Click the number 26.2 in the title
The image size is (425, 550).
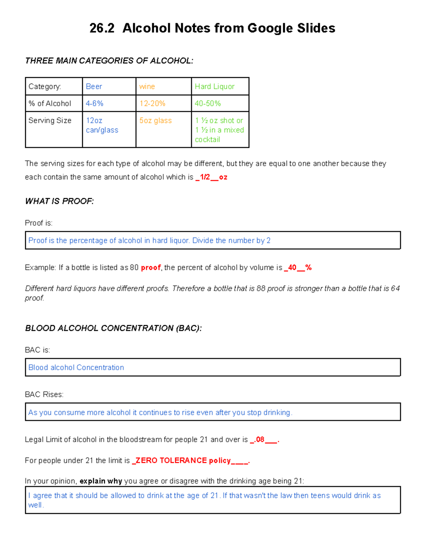tap(102, 28)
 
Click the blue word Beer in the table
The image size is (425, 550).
tap(94, 86)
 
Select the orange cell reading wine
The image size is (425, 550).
tap(147, 86)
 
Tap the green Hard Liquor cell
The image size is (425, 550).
tap(215, 86)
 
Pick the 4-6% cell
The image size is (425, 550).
tap(95, 103)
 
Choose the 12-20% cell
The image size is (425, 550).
tap(152, 103)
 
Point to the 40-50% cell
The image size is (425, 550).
tap(208, 103)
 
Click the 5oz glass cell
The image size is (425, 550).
tap(155, 120)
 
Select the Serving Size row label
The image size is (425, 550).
tap(50, 120)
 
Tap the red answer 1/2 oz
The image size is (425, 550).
tap(211, 177)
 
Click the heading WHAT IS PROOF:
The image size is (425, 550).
tap(59, 201)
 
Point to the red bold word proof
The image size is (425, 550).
tap(151, 267)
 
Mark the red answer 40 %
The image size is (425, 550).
tap(297, 267)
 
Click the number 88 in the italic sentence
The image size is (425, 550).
tap(261, 288)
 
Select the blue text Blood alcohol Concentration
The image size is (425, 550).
tap(76, 367)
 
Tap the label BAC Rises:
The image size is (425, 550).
tap(44, 394)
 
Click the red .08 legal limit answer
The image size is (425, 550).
tap(260, 440)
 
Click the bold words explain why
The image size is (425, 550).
tap(101, 481)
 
